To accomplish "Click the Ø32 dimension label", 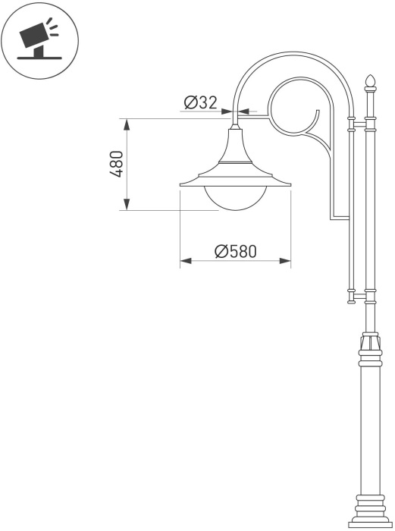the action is click(x=200, y=102).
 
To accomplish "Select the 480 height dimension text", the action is click(x=117, y=165).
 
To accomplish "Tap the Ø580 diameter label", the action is click(x=236, y=251).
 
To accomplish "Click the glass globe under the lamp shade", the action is click(x=236, y=198).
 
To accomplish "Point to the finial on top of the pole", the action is click(x=370, y=81).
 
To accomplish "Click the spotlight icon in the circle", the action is click(x=39, y=40).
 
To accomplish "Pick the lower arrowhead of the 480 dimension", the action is click(x=127, y=204).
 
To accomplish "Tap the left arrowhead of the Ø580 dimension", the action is click(x=186, y=261).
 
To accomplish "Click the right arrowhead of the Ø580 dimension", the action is click(x=285, y=261).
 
